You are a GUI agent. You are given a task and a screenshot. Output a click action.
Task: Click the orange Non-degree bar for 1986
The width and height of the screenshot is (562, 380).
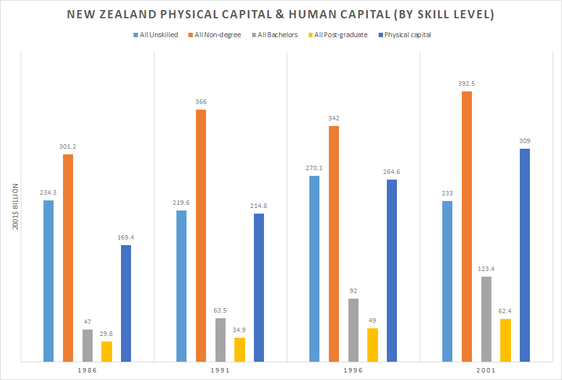click(68, 258)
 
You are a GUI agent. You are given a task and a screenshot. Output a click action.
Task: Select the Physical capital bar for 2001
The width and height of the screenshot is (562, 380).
click(524, 255)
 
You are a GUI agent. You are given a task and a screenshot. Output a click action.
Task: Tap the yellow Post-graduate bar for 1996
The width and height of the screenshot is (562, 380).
click(372, 345)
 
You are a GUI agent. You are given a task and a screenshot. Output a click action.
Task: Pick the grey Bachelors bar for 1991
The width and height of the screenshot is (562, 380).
click(220, 340)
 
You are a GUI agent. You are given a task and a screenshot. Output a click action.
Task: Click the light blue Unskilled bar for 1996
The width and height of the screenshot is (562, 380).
click(314, 268)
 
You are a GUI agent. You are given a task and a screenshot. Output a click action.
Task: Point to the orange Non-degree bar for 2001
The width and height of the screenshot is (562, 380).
click(467, 226)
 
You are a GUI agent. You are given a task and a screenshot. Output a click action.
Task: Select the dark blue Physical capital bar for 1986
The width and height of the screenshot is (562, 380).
click(126, 303)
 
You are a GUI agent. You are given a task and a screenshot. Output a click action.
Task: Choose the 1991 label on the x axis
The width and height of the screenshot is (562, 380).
click(220, 371)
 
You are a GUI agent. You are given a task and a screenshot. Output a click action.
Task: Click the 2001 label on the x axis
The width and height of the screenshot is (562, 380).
click(486, 371)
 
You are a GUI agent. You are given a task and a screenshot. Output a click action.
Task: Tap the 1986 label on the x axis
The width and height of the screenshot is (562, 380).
click(87, 371)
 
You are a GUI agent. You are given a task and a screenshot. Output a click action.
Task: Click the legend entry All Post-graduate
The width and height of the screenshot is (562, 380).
click(343, 35)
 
